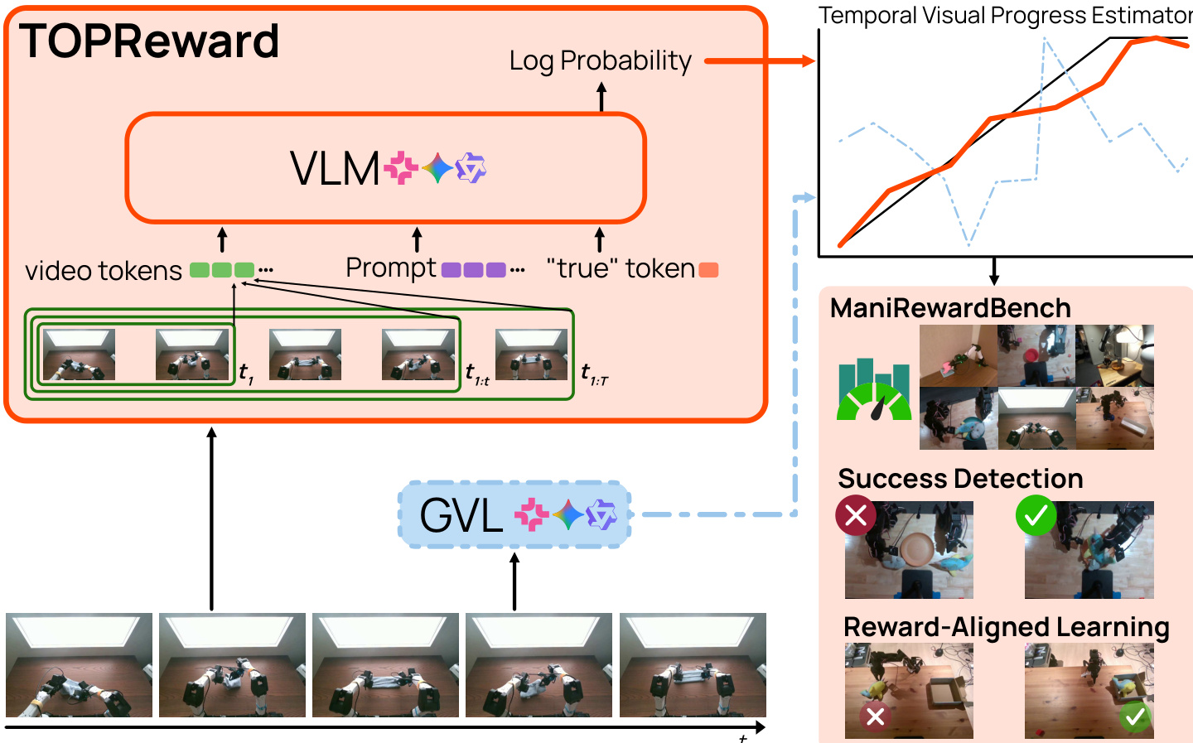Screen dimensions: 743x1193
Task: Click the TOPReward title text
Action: click(x=149, y=41)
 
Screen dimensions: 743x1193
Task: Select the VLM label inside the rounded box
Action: click(x=335, y=169)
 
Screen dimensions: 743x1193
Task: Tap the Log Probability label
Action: click(x=600, y=61)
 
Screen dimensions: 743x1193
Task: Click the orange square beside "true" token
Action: click(x=708, y=270)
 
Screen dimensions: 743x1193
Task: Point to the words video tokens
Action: click(x=103, y=271)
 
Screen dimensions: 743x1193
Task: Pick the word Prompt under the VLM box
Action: click(x=390, y=268)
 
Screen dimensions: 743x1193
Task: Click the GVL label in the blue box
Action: click(x=461, y=515)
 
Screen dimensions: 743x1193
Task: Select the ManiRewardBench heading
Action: click(x=950, y=308)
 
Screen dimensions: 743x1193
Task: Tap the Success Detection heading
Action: click(x=960, y=479)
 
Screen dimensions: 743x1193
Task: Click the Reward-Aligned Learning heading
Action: click(x=1006, y=627)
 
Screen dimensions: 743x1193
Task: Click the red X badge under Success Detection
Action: click(x=856, y=515)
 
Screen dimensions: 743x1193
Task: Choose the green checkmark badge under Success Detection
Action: click(x=1036, y=515)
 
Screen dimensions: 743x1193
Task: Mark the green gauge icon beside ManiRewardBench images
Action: click(x=874, y=391)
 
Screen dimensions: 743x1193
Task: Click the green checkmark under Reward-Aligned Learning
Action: click(x=1135, y=716)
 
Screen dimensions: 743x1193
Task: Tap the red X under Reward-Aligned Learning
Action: click(x=875, y=716)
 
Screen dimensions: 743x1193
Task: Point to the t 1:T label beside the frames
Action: click(x=594, y=374)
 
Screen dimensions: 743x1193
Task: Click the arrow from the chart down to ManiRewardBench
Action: click(x=994, y=272)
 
